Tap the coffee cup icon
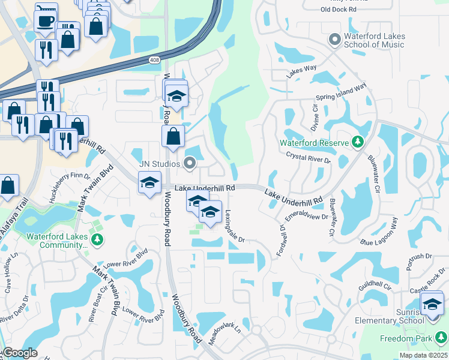coord(46,20)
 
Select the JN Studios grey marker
coord(190,163)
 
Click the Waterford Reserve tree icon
coord(358,142)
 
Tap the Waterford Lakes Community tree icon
coord(96,241)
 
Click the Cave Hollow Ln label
coord(13,276)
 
